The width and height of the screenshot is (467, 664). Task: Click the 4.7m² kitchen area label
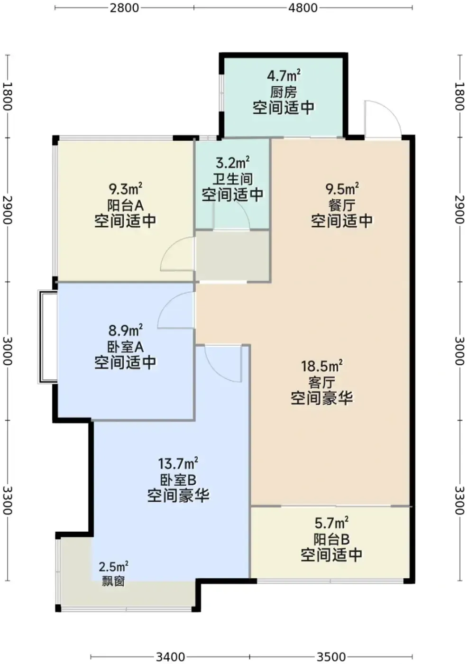[x=284, y=76]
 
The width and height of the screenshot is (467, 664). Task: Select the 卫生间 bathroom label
[x=233, y=179]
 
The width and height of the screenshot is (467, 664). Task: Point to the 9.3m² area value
[x=125, y=189]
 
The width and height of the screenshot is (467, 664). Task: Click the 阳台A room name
[x=125, y=205]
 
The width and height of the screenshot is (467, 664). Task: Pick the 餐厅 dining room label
[x=342, y=205]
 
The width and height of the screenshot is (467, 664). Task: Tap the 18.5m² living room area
[x=322, y=367]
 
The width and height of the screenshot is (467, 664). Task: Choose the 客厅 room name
[x=322, y=383]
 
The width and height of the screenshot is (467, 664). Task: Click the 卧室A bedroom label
[x=125, y=347]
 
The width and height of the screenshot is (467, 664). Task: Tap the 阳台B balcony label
[x=331, y=539]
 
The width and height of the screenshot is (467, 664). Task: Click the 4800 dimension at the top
[x=303, y=8]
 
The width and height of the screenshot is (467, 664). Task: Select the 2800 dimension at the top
[x=124, y=8]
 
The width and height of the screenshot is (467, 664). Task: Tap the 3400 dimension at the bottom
[x=170, y=657]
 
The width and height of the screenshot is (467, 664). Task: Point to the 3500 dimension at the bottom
[x=331, y=657]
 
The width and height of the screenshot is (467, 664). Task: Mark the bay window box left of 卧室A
[x=47, y=337]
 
